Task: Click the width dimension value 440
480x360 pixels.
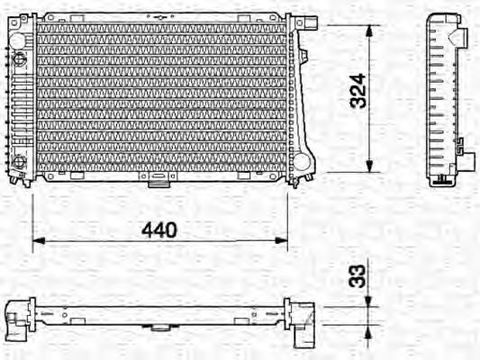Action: pyautogui.click(x=158, y=229)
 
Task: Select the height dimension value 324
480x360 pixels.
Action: pyautogui.click(x=358, y=91)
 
